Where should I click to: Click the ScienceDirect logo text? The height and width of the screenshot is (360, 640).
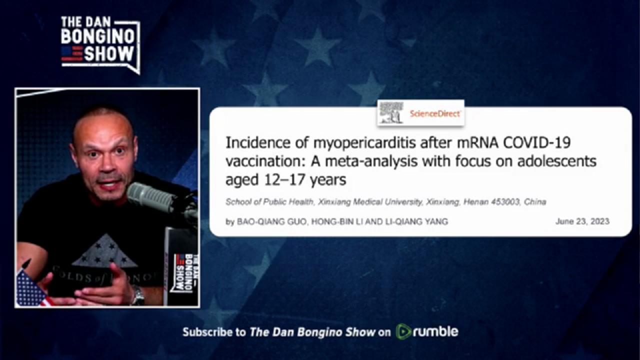click(435, 113)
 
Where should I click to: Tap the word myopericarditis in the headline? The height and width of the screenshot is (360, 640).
click(364, 142)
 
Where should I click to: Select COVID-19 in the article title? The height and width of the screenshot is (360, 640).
click(536, 142)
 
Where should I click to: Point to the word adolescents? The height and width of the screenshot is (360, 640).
click(557, 161)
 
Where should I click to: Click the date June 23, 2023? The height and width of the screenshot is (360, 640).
click(582, 221)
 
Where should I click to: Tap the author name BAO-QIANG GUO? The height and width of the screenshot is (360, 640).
click(271, 221)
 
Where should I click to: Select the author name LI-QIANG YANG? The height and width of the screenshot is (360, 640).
click(416, 221)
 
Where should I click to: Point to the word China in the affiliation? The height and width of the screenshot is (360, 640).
click(535, 202)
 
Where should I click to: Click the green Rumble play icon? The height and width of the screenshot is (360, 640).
click(403, 331)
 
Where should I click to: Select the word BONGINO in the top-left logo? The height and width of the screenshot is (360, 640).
click(97, 36)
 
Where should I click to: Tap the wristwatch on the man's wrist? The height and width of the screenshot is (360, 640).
click(138, 295)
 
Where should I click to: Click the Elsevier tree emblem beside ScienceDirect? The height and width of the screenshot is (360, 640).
click(391, 112)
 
